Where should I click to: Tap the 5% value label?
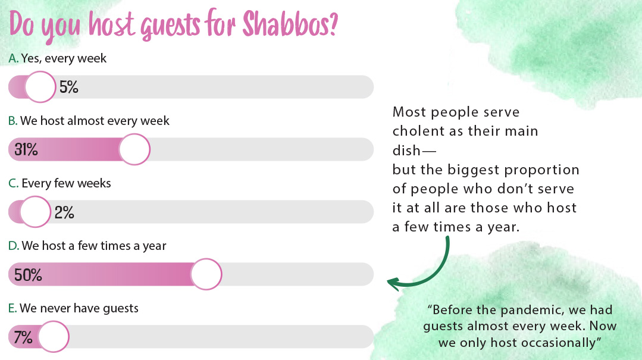(x=69, y=87)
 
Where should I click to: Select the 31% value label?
(x=26, y=149)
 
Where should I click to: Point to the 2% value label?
(x=64, y=212)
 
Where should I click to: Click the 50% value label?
(x=28, y=275)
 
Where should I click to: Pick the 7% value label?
(x=23, y=337)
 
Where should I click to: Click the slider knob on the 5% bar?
(x=40, y=87)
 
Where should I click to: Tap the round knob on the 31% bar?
(x=134, y=149)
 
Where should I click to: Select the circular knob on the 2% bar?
(x=36, y=212)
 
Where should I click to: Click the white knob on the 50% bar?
(x=206, y=274)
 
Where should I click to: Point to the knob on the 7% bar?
(x=54, y=337)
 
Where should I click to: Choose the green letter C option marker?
(x=14, y=183)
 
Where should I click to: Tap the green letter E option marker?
(x=12, y=308)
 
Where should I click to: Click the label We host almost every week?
(x=95, y=121)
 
